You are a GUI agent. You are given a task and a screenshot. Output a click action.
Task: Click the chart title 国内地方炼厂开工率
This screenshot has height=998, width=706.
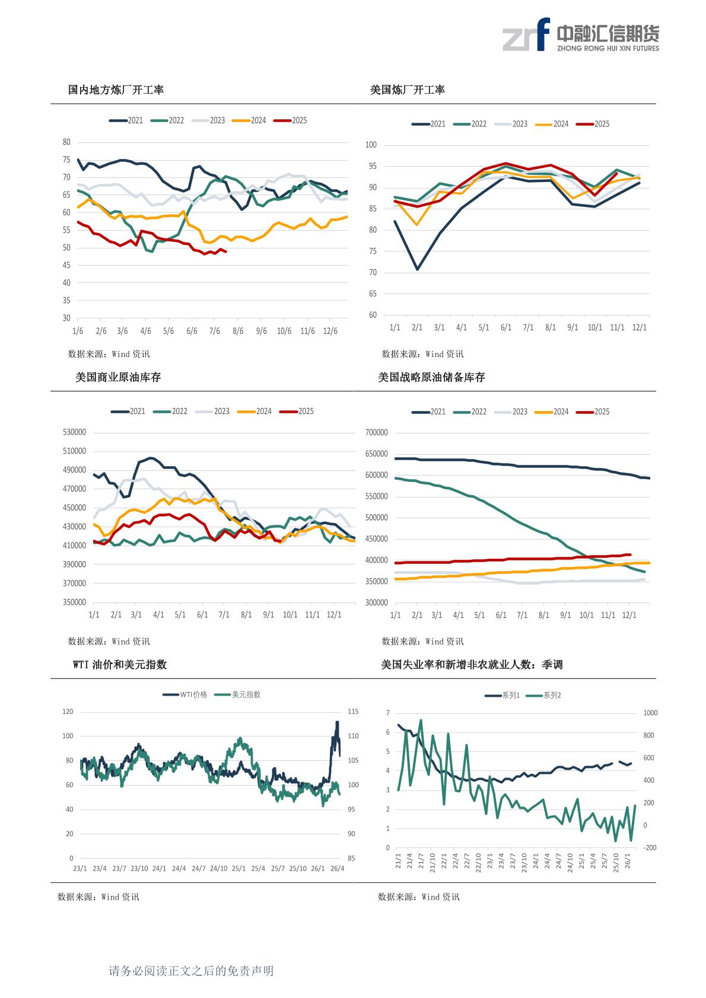(x=116, y=90)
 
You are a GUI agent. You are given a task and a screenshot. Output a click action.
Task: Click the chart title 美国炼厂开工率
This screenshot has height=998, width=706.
(x=407, y=90)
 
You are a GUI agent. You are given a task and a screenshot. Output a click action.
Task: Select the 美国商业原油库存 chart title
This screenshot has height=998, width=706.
(x=118, y=377)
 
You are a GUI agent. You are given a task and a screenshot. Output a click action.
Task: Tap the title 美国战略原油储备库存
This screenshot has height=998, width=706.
(x=431, y=377)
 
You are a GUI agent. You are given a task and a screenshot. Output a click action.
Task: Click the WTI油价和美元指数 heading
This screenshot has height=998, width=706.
(x=120, y=665)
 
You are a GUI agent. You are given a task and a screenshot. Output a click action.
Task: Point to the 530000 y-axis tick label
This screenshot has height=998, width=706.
(x=74, y=432)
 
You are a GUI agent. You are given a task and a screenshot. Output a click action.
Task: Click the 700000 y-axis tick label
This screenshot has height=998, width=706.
(x=377, y=433)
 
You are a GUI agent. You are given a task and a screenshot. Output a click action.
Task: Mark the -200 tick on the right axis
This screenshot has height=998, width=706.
(x=650, y=848)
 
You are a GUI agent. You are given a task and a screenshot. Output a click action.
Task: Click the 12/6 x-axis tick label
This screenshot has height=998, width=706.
(x=330, y=331)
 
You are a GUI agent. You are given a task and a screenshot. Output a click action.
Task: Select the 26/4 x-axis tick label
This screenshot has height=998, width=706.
(x=337, y=869)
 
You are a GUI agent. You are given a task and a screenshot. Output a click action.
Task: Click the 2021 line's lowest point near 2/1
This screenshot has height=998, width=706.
(x=418, y=269)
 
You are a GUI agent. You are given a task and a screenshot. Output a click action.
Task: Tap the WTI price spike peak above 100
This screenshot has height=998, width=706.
(x=337, y=722)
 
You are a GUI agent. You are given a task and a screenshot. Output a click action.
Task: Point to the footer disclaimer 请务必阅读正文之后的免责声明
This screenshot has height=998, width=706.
(x=191, y=971)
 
